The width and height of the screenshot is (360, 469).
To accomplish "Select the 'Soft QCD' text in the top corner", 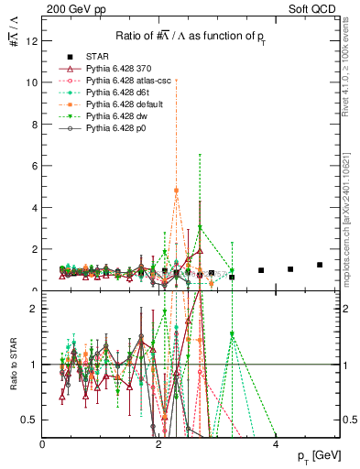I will pos(315,9).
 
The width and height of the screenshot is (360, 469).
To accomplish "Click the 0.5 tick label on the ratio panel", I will pos(28,420).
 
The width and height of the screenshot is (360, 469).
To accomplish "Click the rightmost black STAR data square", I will pos(320,265).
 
